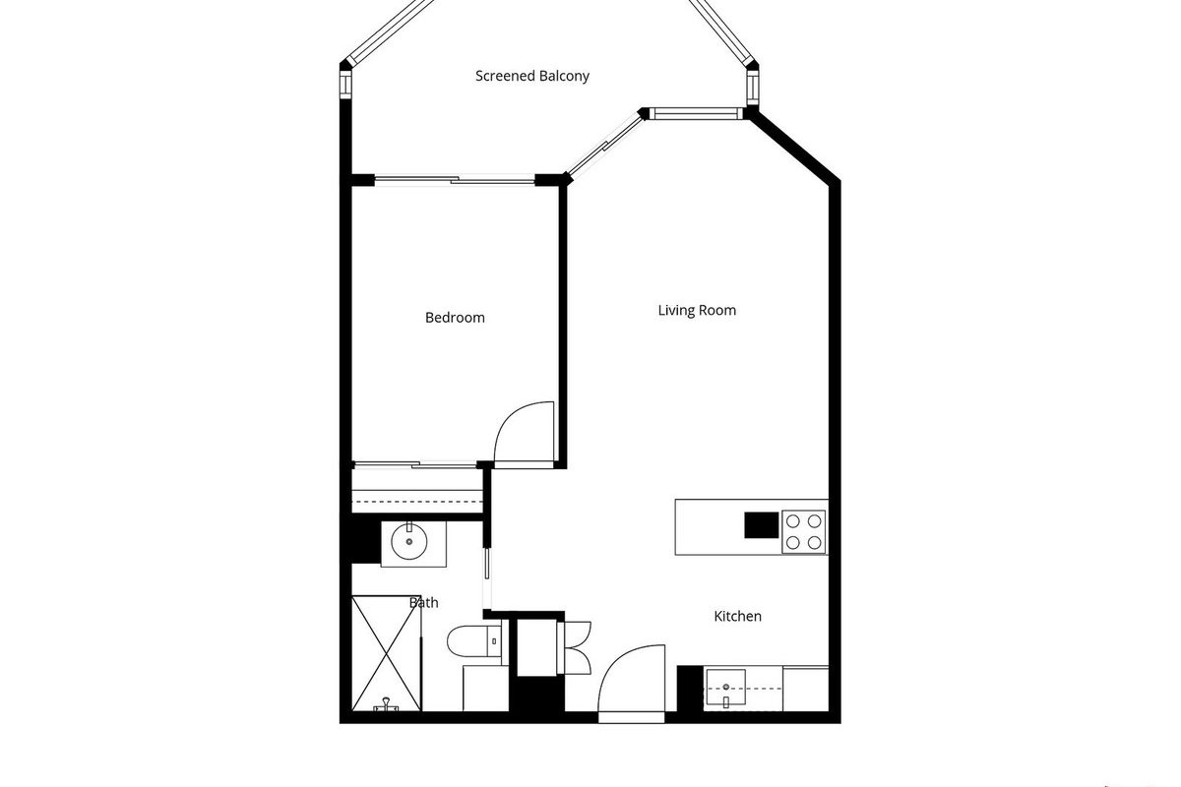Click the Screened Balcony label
click(x=532, y=76)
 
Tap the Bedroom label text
click(x=455, y=318)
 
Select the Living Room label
click(x=697, y=310)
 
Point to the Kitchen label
click(x=737, y=616)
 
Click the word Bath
click(x=424, y=602)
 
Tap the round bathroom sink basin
click(x=409, y=541)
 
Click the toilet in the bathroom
click(x=474, y=641)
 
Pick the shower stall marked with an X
click(x=387, y=653)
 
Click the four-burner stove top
click(x=803, y=532)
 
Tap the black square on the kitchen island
click(x=762, y=525)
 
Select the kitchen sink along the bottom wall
click(x=726, y=687)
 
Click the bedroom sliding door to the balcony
click(x=455, y=180)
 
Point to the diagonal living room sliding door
click(x=604, y=145)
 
